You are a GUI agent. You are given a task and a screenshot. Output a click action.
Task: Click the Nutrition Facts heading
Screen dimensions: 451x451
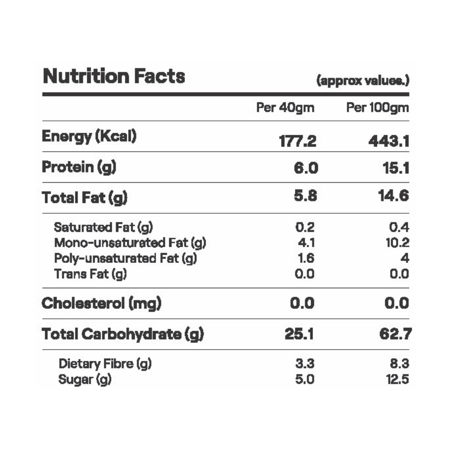(114, 77)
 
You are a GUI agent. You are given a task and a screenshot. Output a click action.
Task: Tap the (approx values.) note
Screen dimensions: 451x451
(363, 81)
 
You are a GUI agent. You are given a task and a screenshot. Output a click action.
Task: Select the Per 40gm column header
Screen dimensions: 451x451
(285, 108)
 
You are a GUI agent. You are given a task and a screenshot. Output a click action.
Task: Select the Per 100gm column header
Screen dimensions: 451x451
(377, 108)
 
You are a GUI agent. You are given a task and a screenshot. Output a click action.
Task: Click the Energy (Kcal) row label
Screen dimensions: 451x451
(89, 136)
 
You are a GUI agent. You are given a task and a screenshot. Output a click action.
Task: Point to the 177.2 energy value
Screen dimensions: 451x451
(298, 142)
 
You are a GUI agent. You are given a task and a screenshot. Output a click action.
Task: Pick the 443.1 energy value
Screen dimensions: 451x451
(389, 142)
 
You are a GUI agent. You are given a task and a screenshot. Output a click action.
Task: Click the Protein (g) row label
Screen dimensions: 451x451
(79, 167)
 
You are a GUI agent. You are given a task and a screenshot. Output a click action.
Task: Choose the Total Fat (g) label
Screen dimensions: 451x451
(84, 198)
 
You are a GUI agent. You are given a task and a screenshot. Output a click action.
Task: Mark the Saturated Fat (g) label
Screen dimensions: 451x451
(105, 227)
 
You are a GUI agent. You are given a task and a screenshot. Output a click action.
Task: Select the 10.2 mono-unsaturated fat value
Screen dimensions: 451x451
(397, 243)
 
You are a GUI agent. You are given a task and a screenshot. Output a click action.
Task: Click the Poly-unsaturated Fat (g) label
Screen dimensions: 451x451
(125, 258)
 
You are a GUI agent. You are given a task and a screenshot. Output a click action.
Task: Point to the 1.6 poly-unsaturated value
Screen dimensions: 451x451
(306, 258)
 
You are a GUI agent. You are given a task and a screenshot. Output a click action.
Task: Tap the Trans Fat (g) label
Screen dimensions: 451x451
(90, 273)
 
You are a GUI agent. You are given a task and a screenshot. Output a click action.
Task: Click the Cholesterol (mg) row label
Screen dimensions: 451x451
(101, 304)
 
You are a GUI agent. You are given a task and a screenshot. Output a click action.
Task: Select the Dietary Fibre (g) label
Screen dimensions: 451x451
(105, 364)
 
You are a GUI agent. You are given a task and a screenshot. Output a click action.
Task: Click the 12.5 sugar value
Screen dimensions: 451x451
(397, 379)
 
